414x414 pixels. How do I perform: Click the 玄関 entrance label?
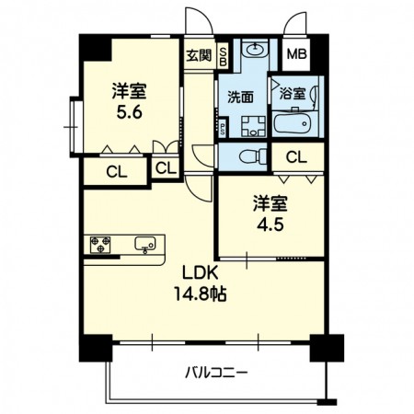199,54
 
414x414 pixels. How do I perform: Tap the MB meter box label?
296,53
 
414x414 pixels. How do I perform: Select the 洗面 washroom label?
242,96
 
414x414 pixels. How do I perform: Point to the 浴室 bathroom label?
293,93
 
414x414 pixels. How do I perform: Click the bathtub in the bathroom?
294,123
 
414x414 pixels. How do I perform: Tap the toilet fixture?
251,155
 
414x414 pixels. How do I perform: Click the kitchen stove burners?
100,245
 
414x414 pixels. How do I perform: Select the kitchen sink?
144,245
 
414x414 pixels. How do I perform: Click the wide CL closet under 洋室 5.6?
115,170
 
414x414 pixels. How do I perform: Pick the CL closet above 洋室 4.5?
295,157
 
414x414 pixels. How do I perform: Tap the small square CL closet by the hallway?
166,168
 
